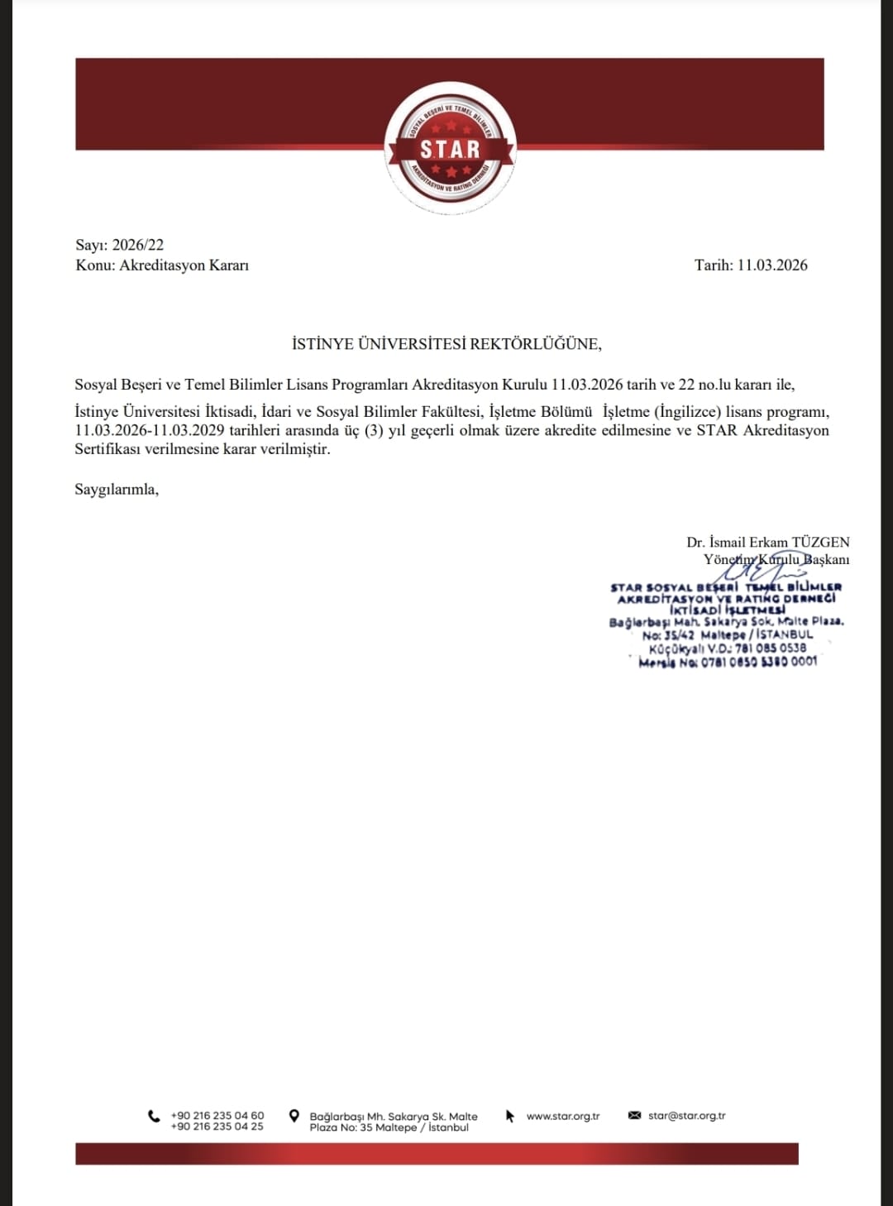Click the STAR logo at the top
pyautogui.click(x=451, y=149)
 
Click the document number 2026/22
pyautogui.click(x=138, y=245)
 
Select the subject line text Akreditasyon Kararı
pyautogui.click(x=184, y=266)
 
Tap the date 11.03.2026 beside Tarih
pyautogui.click(x=772, y=266)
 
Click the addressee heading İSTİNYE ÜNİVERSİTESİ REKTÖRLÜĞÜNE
pyautogui.click(x=446, y=344)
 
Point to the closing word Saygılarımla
pyautogui.click(x=117, y=490)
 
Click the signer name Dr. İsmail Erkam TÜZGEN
pyautogui.click(x=767, y=543)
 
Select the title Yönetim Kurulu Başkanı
pyautogui.click(x=776, y=560)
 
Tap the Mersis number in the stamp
pyautogui.click(x=759, y=662)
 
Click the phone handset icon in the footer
pyautogui.click(x=154, y=1117)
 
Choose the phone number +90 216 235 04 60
pyautogui.click(x=217, y=1116)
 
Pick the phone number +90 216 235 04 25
pyautogui.click(x=217, y=1127)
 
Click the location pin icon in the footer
pyautogui.click(x=294, y=1117)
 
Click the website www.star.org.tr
pyautogui.click(x=563, y=1117)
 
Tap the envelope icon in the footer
pyautogui.click(x=635, y=1116)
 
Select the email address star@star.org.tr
pyautogui.click(x=687, y=1116)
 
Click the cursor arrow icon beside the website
pyautogui.click(x=510, y=1117)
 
